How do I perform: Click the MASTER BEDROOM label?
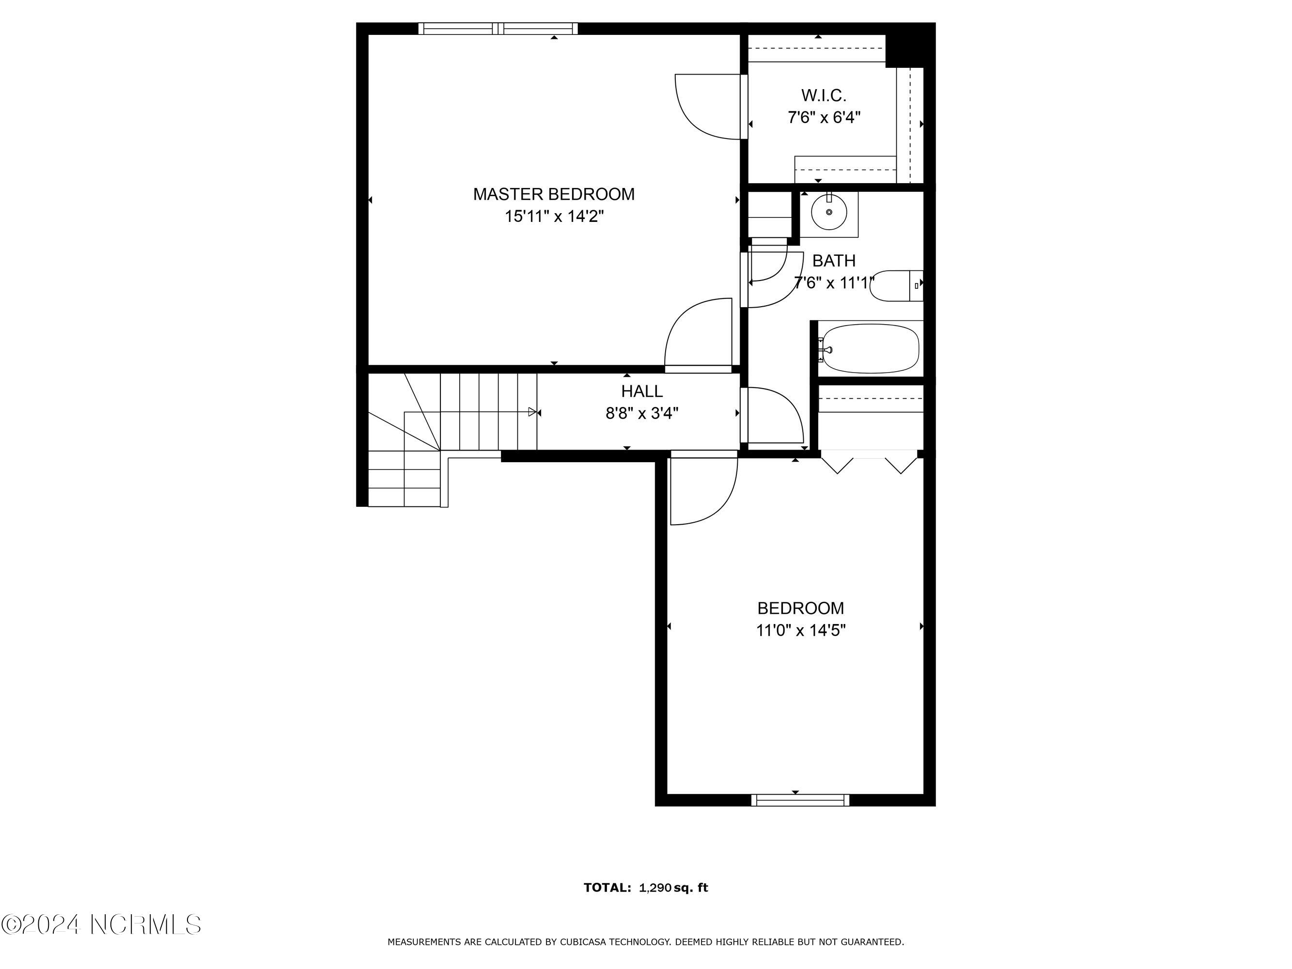554,194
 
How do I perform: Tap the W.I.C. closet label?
824,95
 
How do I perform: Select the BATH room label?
834,261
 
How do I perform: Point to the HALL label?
641,391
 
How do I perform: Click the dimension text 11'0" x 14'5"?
801,630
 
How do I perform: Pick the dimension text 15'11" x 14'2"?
554,217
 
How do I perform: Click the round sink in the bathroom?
829,212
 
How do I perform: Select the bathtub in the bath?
869,349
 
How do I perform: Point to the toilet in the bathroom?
896,286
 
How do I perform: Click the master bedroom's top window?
498,29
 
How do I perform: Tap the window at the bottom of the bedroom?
800,800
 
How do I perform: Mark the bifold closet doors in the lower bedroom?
869,462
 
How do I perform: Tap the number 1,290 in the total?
655,888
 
